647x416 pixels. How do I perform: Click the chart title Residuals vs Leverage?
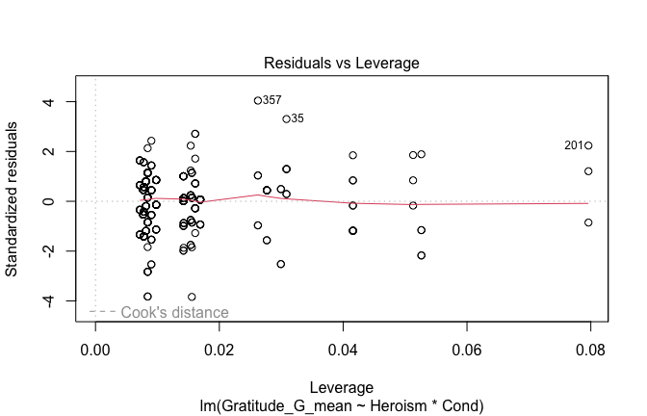pos(342,63)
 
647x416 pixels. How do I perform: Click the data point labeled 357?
pos(257,100)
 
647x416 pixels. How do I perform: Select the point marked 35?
pos(286,118)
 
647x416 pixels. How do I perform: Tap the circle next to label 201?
pos(588,145)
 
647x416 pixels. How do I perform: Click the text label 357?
pos(272,100)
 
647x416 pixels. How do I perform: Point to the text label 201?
pos(574,145)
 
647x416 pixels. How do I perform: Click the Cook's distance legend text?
pos(174,312)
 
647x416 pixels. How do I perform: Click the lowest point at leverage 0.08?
pos(588,222)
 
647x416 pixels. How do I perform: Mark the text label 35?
pos(298,118)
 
